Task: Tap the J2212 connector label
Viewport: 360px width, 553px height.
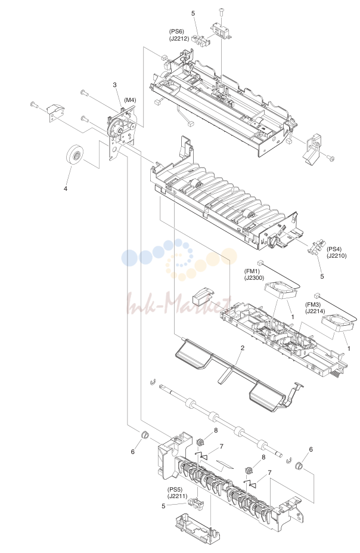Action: pos(179,38)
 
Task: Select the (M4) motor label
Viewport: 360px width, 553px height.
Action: pos(130,100)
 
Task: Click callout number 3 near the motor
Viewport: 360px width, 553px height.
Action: pos(115,85)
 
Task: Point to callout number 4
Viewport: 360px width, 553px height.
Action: pos(65,189)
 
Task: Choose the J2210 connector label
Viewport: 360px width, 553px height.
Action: pos(337,256)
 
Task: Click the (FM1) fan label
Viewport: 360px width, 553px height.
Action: pos(252,271)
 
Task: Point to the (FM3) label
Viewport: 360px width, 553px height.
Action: pos(313,305)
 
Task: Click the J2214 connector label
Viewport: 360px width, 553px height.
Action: pos(315,311)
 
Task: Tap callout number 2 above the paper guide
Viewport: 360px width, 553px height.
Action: pos(243,348)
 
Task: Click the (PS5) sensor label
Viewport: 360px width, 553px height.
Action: pos(175,490)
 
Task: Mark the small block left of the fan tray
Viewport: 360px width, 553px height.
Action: pos(204,295)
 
